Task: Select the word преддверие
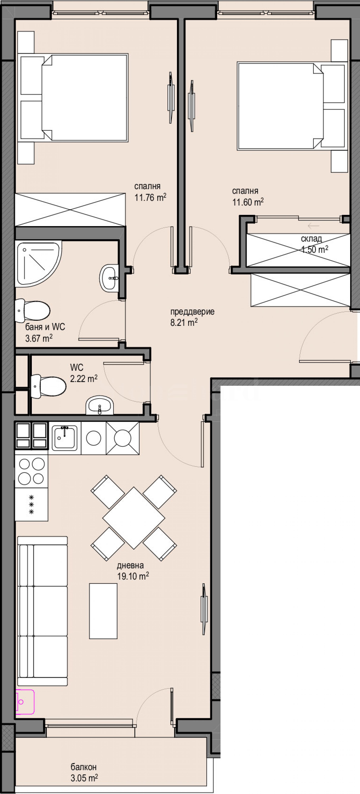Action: pos(192,312)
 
